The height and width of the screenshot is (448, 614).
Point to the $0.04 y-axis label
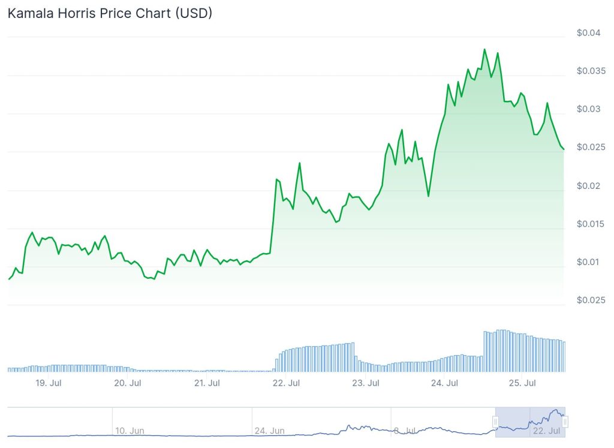588,32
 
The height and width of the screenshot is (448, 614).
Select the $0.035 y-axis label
591,71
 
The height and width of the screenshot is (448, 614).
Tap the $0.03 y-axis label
588,109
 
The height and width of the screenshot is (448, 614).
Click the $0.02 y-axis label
588,185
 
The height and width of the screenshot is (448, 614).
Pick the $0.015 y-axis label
591,224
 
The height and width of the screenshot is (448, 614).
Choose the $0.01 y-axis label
588,261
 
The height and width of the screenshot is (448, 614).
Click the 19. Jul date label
49,383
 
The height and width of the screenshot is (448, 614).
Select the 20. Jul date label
128,383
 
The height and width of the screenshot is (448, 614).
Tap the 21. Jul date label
207,383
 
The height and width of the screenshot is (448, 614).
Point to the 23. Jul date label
365,383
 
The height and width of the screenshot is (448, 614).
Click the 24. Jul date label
444,383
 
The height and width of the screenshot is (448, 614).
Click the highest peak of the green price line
484,49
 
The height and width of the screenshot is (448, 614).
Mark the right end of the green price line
564,149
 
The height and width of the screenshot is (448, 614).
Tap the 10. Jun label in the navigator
129,431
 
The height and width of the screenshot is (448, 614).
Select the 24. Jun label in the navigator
269,431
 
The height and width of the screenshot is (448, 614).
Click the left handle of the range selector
496,422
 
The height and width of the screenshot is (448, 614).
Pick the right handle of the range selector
565,422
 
